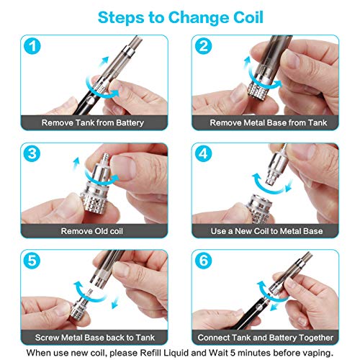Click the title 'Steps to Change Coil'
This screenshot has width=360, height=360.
pos(180,16)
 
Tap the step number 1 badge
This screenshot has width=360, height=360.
pos(32,48)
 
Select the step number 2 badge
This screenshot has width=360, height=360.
pos(204,48)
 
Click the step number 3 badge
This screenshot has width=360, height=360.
pos(32,154)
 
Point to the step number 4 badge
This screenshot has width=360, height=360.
pos(204,154)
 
